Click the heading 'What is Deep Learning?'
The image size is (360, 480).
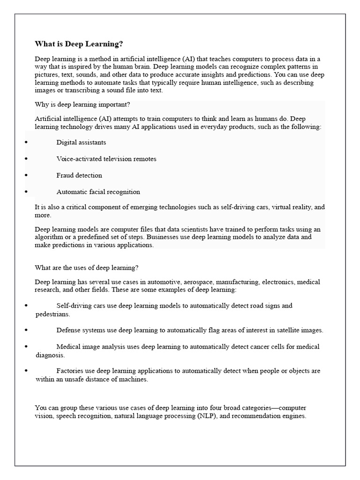pyautogui.click(x=79, y=44)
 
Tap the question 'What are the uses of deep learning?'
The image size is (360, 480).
pyautogui.click(x=87, y=268)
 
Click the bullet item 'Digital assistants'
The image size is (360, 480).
pyautogui.click(x=81, y=142)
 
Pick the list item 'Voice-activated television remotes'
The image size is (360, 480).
pyautogui.click(x=106, y=159)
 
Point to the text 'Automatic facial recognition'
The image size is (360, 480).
pyautogui.click(x=98, y=192)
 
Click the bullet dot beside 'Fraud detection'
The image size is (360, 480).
pyautogui.click(x=26, y=175)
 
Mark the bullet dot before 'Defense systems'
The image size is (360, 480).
pyautogui.click(x=26, y=330)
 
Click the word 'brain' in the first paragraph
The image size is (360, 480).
pyautogui.click(x=136, y=67)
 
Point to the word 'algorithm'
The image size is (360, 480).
pyautogui.click(x=50, y=237)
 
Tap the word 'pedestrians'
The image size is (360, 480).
pyautogui.click(x=52, y=314)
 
